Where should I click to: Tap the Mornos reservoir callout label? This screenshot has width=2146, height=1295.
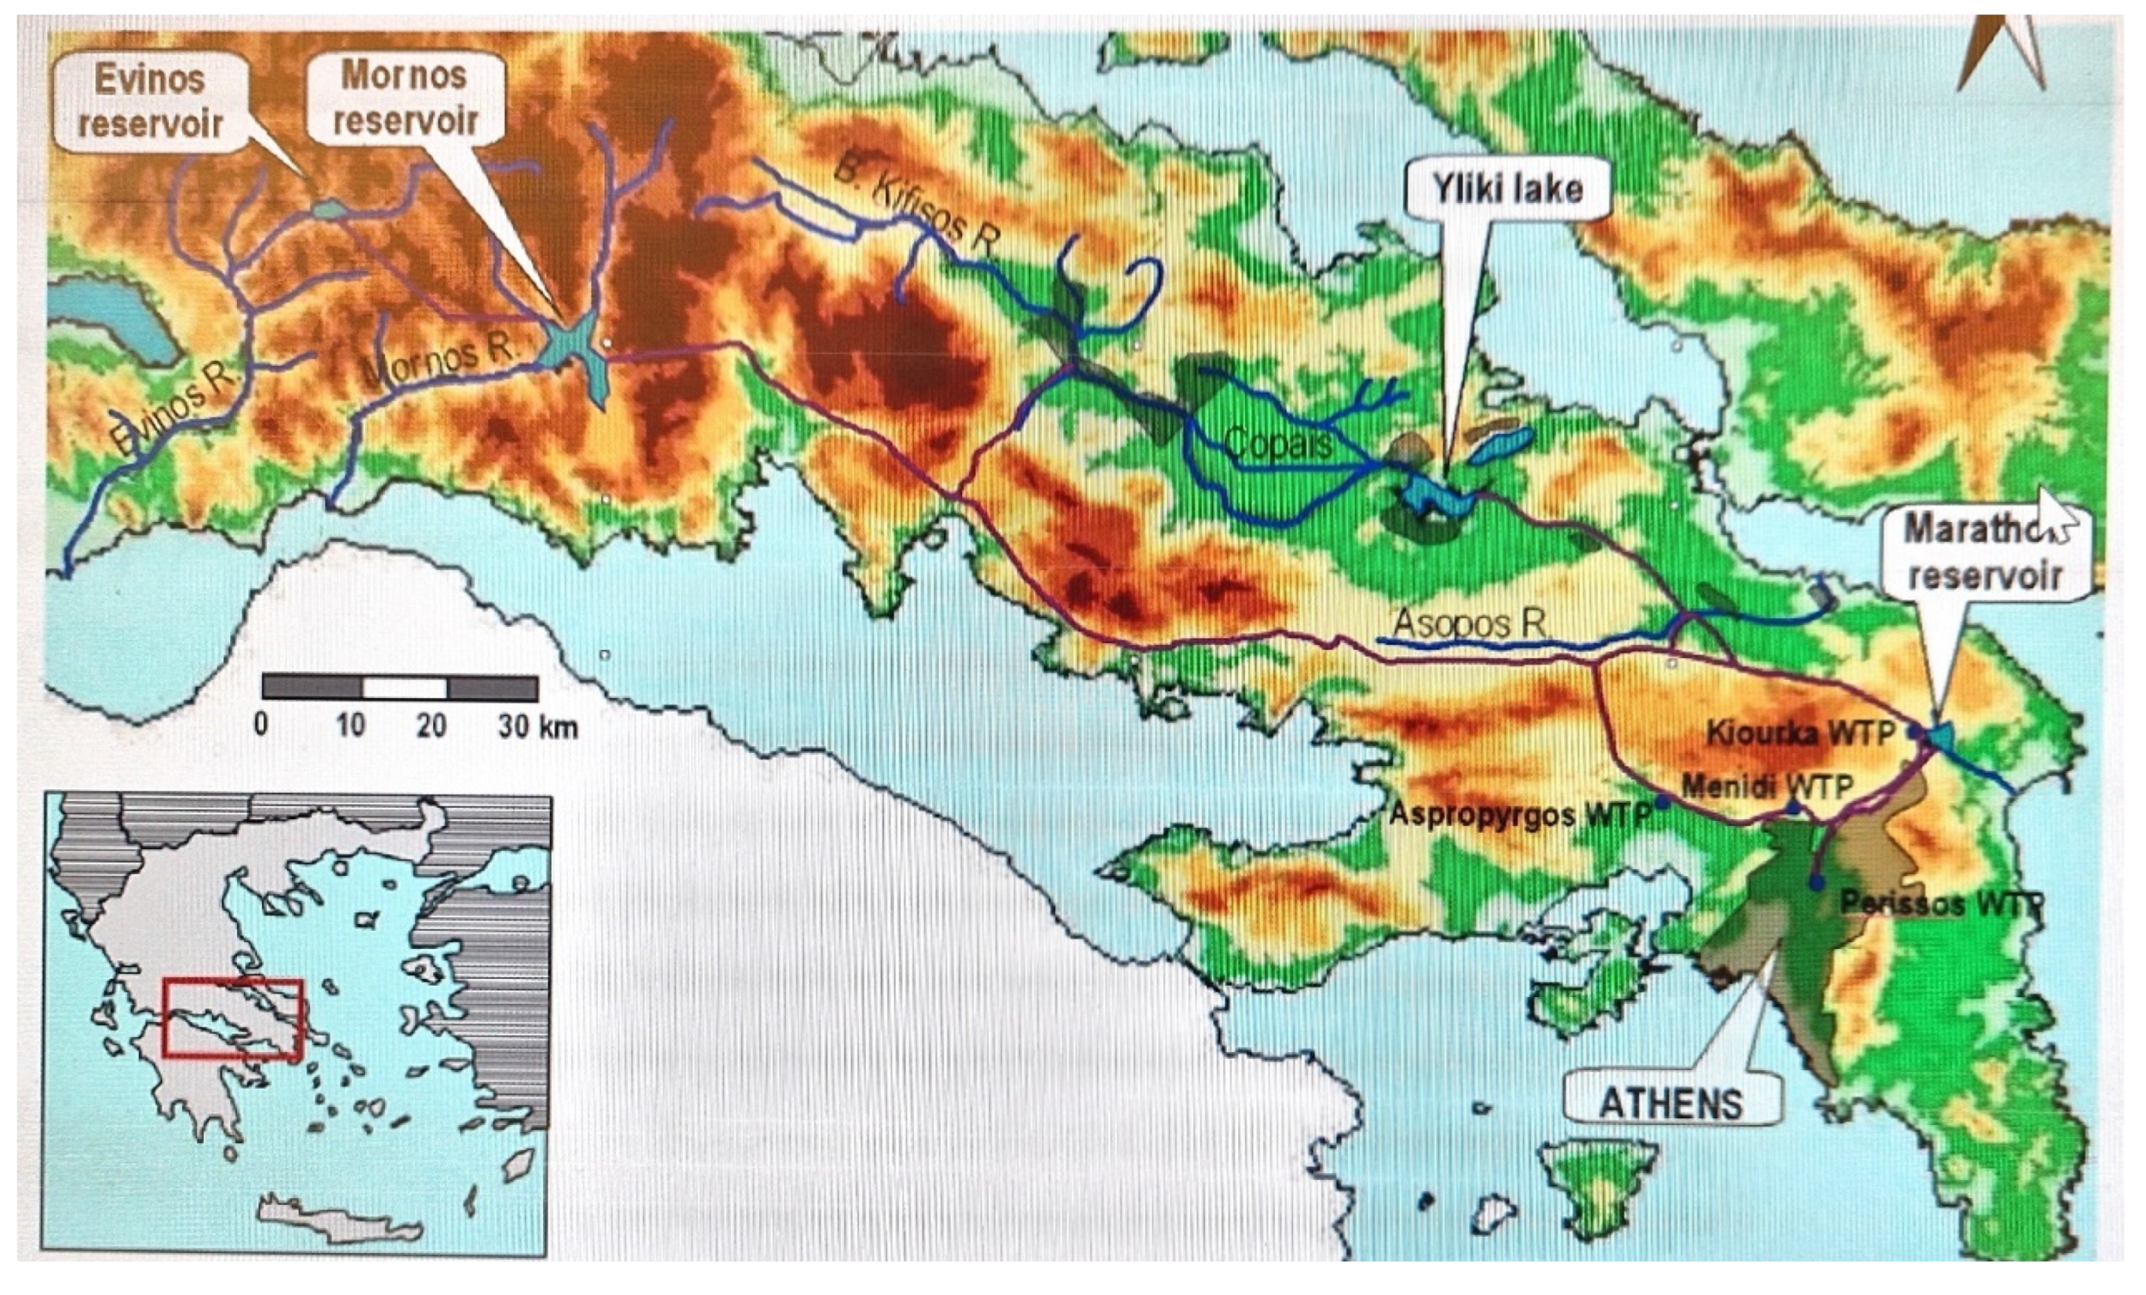coord(405,98)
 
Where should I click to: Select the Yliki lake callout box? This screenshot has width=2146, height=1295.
coord(1507,188)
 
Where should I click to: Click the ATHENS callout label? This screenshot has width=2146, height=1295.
coord(1671,1104)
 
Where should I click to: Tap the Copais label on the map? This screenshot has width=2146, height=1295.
coord(1279,444)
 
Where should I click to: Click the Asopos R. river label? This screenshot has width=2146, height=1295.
coord(1470,622)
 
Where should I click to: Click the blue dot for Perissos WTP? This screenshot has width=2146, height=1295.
coord(1816,883)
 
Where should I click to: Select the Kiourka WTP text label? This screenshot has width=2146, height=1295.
coord(1799,732)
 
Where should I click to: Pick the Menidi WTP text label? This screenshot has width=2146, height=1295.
coord(1766,787)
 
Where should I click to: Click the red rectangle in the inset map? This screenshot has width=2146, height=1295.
coord(232,1019)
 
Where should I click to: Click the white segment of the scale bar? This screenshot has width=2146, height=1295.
coord(404,687)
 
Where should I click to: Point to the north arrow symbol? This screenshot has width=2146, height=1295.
coord(2003,52)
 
